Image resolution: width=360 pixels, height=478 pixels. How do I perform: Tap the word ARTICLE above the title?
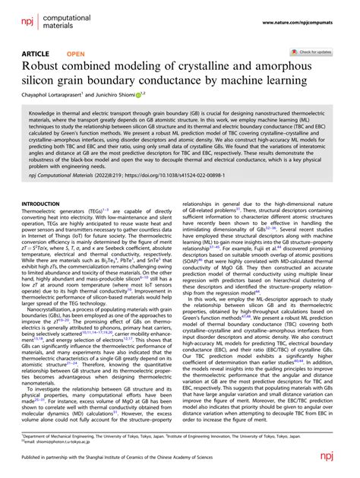tap(35, 54)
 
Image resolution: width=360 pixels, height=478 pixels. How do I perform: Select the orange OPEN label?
tap(76, 54)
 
